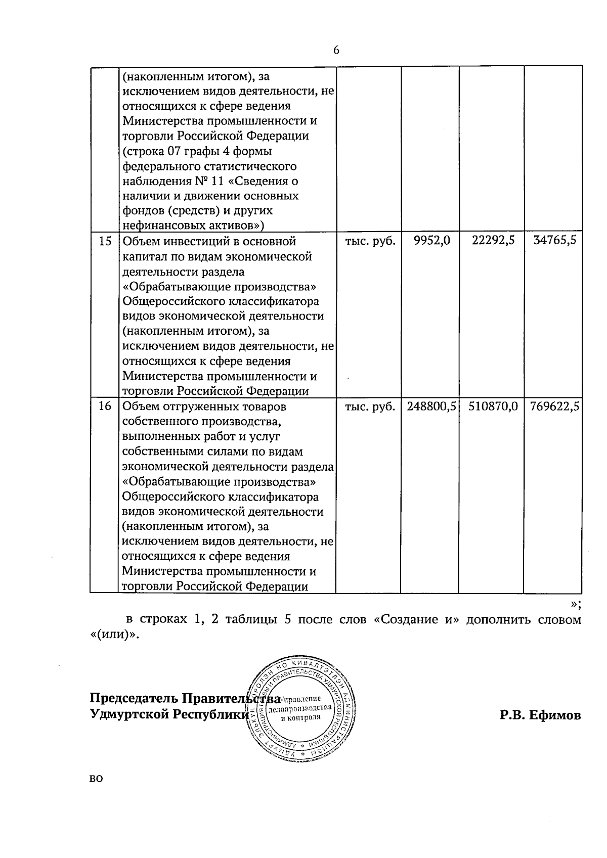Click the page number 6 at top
click(336, 50)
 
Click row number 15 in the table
click(105, 241)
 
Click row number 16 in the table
click(105, 406)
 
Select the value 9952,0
click(431, 241)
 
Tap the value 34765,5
click(555, 241)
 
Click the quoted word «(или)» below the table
click(111, 635)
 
